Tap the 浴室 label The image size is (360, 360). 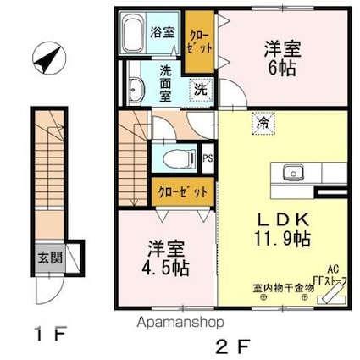coord(163,33)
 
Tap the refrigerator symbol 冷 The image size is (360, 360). coord(262,123)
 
